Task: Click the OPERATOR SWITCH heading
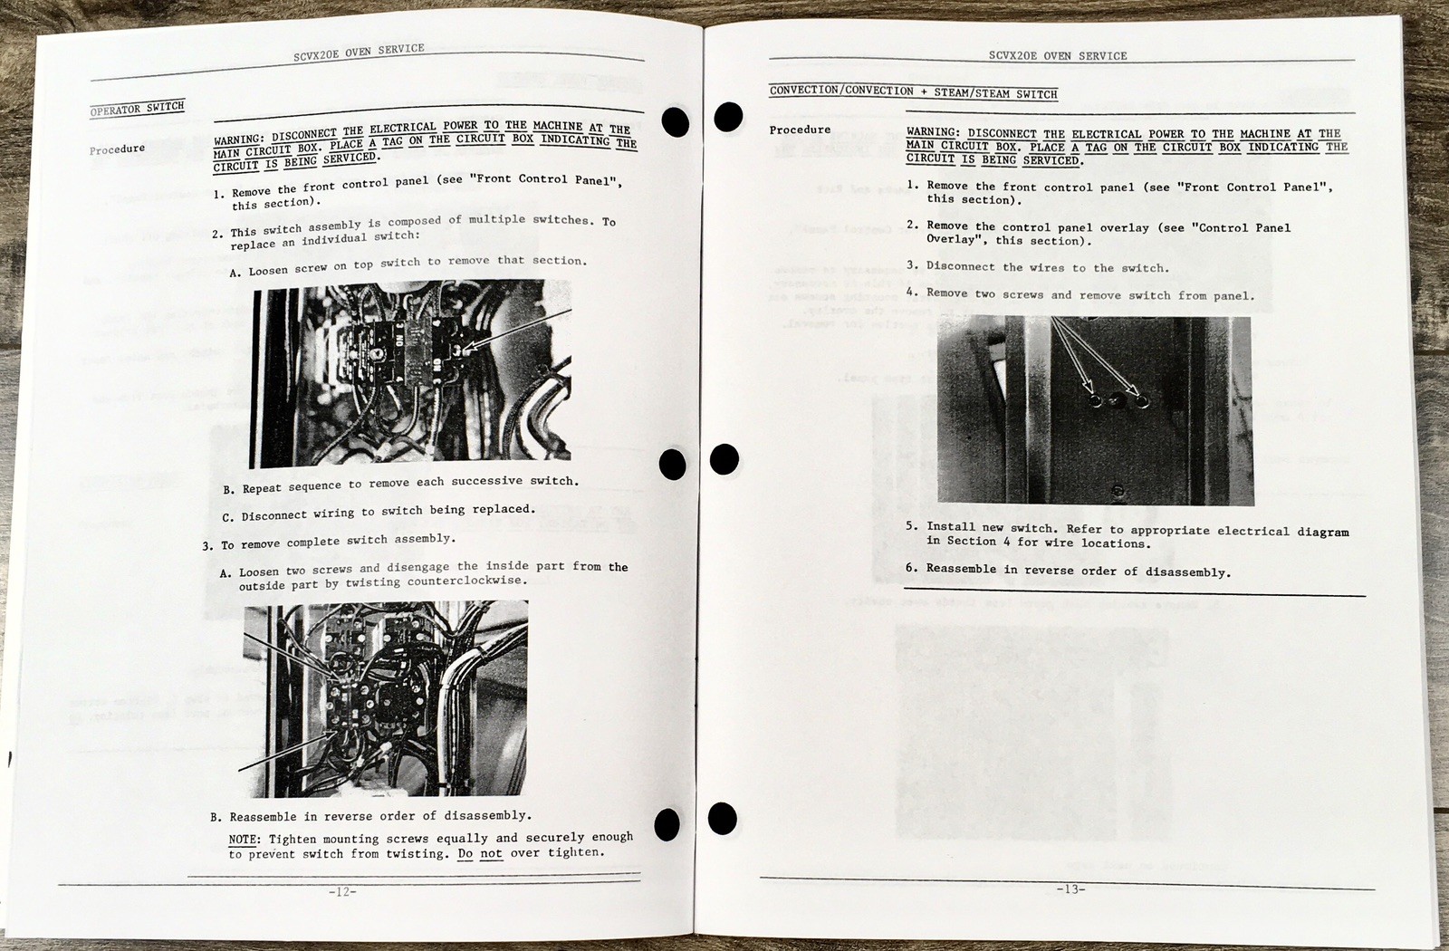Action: (x=137, y=109)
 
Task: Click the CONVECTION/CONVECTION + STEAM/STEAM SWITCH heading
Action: (x=914, y=91)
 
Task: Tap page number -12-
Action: (x=342, y=891)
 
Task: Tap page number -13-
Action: (x=1070, y=889)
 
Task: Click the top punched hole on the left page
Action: (x=676, y=121)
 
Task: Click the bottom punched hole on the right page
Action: (x=722, y=819)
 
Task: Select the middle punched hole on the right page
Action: (x=724, y=459)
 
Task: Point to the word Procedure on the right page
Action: (x=800, y=130)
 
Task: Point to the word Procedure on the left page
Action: (x=117, y=149)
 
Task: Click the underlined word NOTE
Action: (x=243, y=840)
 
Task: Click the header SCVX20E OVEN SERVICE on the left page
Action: (x=359, y=52)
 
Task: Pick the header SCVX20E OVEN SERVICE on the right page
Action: (x=1058, y=55)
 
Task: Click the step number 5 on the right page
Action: (x=911, y=526)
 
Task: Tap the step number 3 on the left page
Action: (x=207, y=546)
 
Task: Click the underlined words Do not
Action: (x=480, y=854)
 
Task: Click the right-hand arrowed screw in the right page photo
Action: (x=1142, y=401)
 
